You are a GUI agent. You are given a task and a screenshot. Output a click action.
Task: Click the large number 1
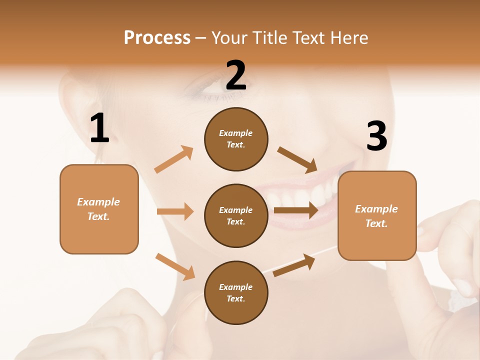click(99, 128)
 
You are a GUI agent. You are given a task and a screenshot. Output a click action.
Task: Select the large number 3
click(376, 136)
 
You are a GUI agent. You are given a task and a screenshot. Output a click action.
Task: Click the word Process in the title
click(157, 37)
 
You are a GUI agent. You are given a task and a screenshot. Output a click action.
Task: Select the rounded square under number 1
click(99, 209)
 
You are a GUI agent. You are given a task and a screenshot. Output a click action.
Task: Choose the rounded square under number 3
click(377, 216)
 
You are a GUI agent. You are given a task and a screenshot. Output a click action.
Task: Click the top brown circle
click(236, 139)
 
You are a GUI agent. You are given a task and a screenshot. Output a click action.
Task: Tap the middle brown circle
click(236, 216)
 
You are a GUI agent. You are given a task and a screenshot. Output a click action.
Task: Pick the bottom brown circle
click(236, 293)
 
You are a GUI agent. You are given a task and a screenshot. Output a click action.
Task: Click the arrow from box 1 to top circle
click(174, 159)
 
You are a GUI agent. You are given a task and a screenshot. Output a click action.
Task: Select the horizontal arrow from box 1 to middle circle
click(175, 211)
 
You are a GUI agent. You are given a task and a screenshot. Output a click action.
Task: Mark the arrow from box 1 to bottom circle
click(175, 266)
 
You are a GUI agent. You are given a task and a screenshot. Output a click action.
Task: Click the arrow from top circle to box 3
click(297, 159)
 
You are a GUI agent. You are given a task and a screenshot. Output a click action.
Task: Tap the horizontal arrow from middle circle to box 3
click(295, 210)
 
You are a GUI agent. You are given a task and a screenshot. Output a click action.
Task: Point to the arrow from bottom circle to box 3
click(294, 265)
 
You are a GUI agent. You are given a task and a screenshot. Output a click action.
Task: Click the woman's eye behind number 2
click(210, 90)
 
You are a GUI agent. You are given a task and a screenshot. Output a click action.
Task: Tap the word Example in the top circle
click(236, 133)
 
